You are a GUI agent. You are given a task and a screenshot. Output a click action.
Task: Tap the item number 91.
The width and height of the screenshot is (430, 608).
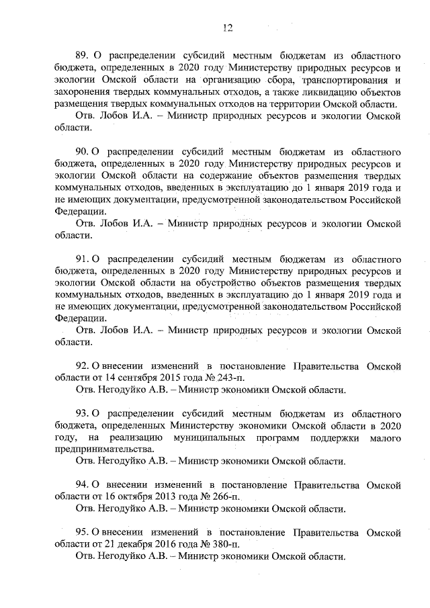tap(81, 259)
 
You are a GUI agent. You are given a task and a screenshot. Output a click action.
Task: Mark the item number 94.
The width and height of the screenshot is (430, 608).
tap(81, 484)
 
